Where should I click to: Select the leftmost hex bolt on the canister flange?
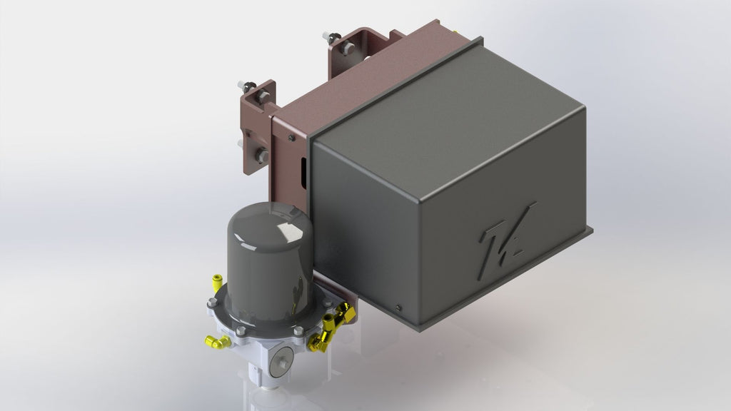pos(212,303)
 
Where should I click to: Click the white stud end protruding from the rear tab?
pos(326,35)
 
